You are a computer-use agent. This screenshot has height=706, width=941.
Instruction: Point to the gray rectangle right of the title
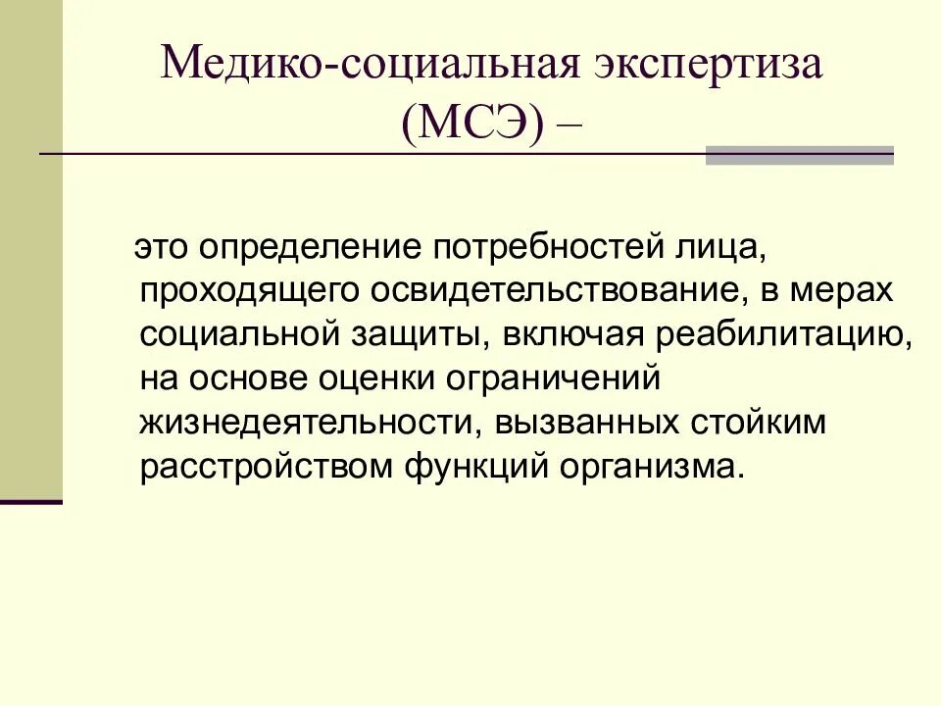800,155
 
